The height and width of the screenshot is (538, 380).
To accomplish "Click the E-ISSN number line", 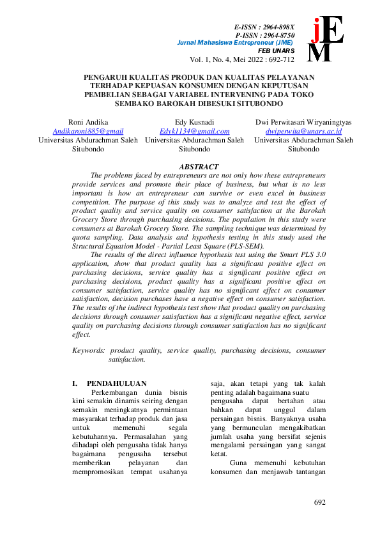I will [262, 27].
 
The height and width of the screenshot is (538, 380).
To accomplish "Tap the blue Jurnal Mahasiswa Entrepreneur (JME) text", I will [234, 43].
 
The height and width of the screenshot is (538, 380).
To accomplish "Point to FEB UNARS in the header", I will [276, 50].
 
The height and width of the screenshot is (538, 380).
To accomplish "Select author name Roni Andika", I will [87, 121].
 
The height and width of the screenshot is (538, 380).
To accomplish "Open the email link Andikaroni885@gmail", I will [87, 130].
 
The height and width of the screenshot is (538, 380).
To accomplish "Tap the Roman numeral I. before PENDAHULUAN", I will [75, 383].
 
